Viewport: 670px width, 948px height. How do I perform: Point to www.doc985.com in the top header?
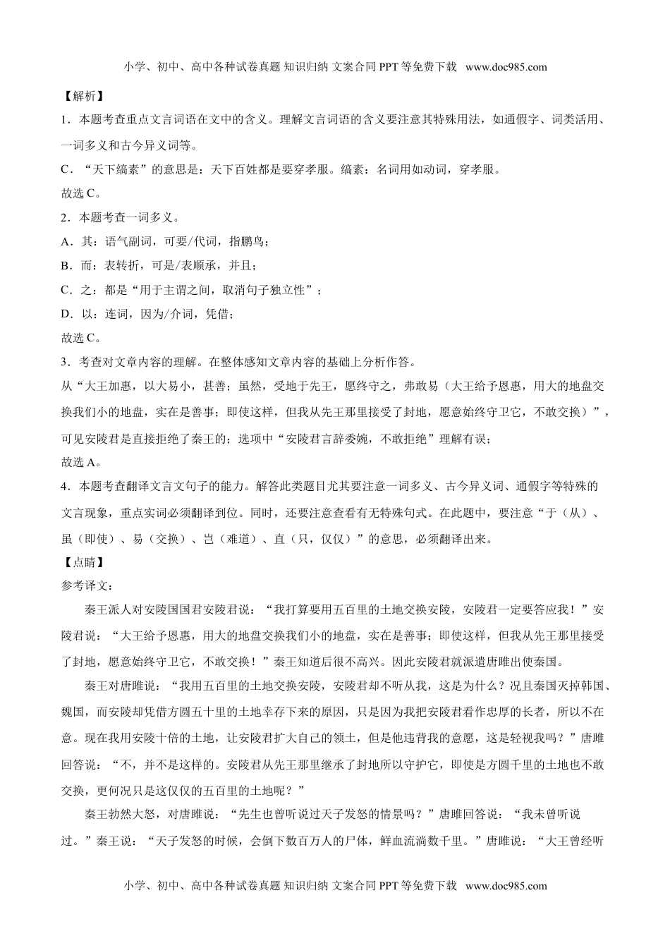tap(506, 68)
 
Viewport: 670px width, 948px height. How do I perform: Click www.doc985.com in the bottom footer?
tap(506, 886)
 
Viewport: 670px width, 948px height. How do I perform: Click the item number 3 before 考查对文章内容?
tap(65, 363)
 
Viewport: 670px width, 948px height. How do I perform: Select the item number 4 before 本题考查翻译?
tap(65, 487)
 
